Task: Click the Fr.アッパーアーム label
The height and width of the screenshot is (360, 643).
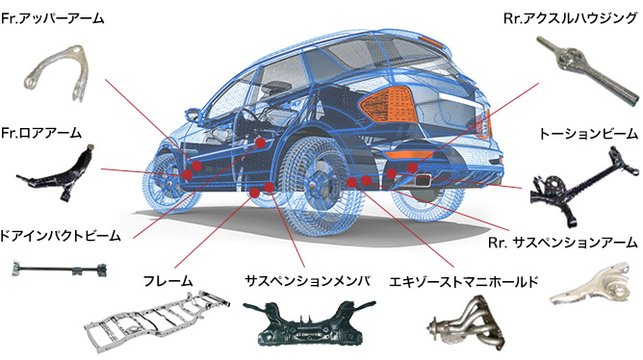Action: pyautogui.click(x=53, y=18)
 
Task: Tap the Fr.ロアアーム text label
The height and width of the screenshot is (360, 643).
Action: pyautogui.click(x=41, y=132)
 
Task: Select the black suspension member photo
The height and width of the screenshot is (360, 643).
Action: pyautogui.click(x=304, y=323)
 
